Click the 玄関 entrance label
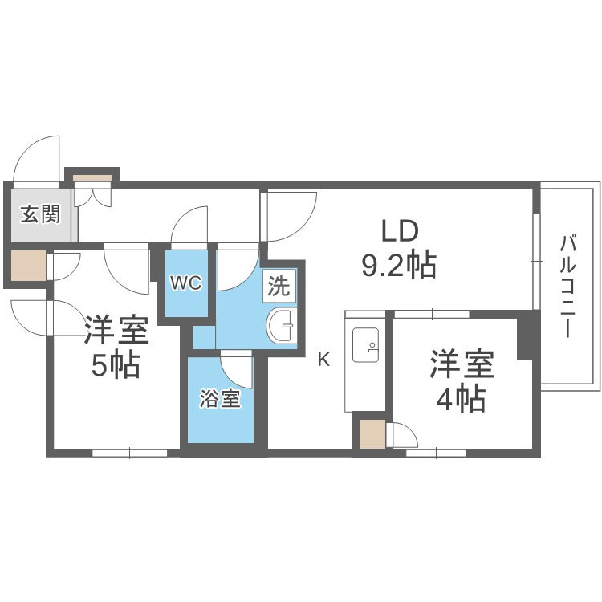point(41,214)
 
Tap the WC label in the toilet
point(186,283)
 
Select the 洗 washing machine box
point(279,286)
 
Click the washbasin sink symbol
point(283,326)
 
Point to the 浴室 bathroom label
point(220,399)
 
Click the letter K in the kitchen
point(324,360)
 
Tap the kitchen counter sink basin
point(365,345)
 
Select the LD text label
point(399,231)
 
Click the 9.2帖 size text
point(399,264)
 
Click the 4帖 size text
point(461,398)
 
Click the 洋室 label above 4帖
point(462,364)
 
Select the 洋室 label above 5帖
point(116,329)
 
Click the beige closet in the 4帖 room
point(372,433)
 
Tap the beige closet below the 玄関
point(28,266)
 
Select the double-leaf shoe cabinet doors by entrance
point(93,194)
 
